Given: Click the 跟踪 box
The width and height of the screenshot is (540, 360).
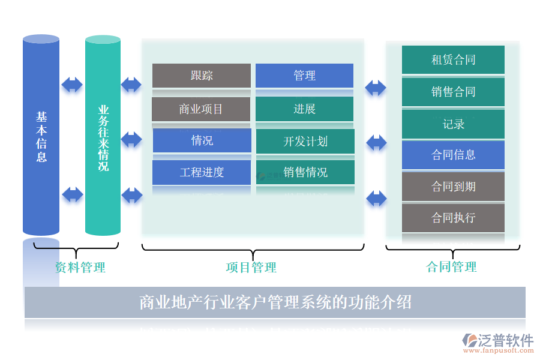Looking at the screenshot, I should click(x=202, y=76).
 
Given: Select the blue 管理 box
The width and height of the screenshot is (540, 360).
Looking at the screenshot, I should click(x=304, y=76).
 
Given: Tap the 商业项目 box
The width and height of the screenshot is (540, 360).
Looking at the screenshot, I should click(x=201, y=109).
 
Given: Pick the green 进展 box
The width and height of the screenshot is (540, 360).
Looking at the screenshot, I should click(x=304, y=109).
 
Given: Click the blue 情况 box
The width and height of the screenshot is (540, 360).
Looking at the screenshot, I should click(x=202, y=140).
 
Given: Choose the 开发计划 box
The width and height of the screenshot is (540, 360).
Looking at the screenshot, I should click(x=305, y=141).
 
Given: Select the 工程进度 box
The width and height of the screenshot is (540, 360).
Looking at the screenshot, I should click(x=202, y=172).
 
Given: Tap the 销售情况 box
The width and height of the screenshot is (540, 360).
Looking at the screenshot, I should click(x=305, y=172).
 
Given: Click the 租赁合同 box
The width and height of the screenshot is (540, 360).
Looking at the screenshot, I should click(x=453, y=60).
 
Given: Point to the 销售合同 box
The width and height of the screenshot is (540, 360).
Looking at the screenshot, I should click(x=453, y=92).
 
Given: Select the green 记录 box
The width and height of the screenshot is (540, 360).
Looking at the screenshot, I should click(x=453, y=124).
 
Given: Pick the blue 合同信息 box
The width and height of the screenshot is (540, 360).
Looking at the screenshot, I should click(x=453, y=155).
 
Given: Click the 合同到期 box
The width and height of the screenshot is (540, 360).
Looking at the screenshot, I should click(x=453, y=187).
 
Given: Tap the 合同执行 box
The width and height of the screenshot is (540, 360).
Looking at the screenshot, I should click(x=453, y=218).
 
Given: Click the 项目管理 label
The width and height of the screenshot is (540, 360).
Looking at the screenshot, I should click(x=251, y=268).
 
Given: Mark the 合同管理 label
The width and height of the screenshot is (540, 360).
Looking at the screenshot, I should click(x=452, y=267).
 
